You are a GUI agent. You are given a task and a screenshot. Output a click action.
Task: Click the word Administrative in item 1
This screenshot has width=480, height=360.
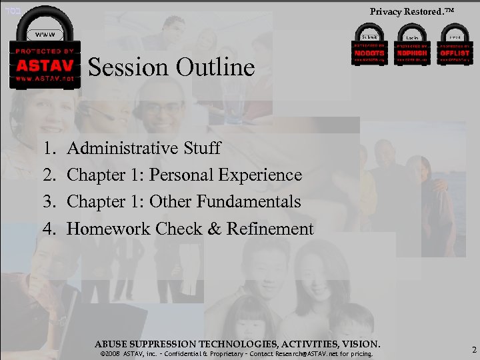[123, 147]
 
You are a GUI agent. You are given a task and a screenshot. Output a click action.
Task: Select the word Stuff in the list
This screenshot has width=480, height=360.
[201, 147]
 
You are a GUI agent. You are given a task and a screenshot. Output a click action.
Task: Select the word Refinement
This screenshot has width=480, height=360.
[270, 229]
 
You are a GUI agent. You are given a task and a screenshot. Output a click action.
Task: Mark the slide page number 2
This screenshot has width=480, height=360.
[473, 350]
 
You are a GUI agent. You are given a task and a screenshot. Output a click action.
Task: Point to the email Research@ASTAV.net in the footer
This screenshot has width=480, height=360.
[321, 354]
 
